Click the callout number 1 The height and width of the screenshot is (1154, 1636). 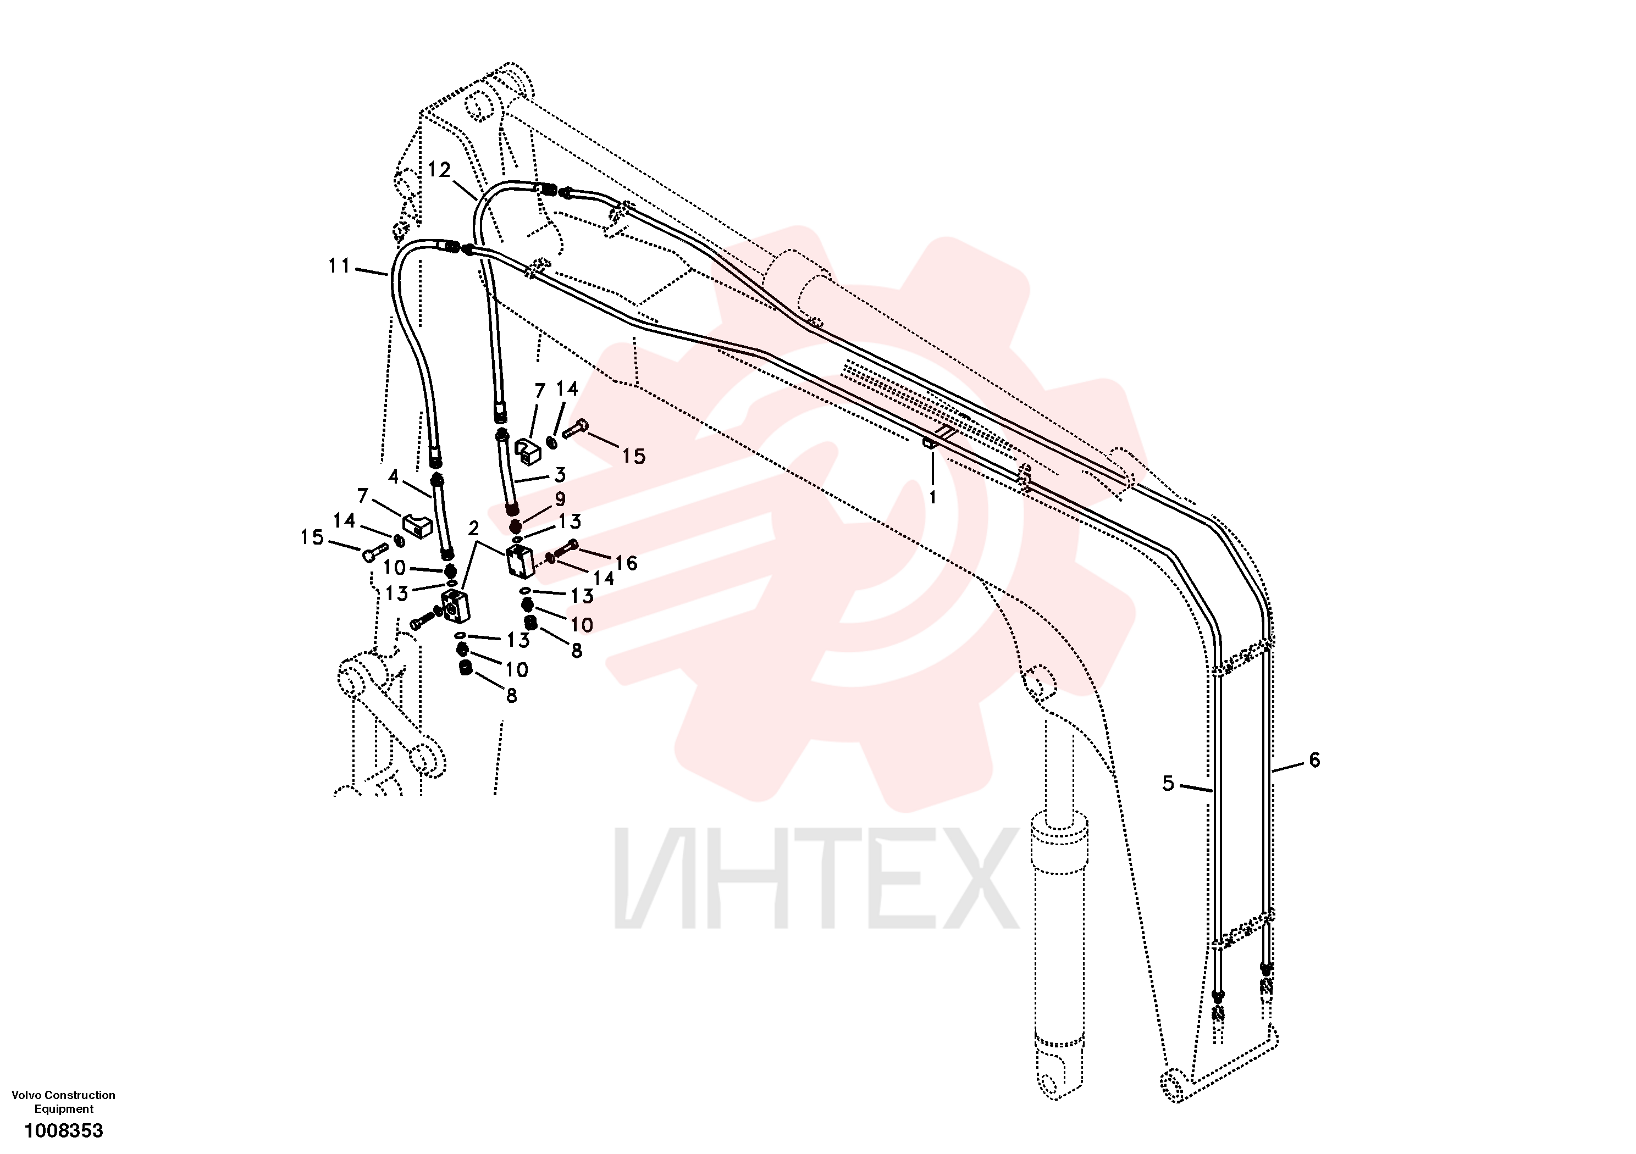click(933, 497)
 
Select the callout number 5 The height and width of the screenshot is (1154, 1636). click(1168, 784)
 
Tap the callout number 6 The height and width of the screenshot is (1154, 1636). click(1314, 760)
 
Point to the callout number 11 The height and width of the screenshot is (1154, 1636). click(339, 266)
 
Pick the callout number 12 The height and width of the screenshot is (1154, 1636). click(439, 170)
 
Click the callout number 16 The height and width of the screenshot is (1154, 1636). click(626, 563)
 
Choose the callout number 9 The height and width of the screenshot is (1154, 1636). click(560, 500)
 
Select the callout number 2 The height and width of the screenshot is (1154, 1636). click(473, 528)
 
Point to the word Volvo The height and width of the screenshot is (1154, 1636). click(26, 1095)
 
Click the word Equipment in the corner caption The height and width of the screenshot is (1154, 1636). click(64, 1108)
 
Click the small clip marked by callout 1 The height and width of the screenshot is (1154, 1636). click(928, 443)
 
